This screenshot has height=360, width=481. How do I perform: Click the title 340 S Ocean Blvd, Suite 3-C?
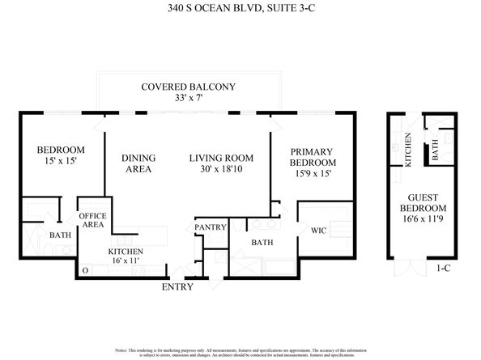pos(240,10)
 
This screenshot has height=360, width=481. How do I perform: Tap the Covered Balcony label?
pos(188,87)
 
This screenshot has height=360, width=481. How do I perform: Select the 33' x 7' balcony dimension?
pos(188,99)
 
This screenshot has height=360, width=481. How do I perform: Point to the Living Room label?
pos(221,158)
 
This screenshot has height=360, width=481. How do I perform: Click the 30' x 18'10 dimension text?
pos(221,170)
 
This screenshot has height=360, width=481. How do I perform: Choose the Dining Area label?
pos(138,163)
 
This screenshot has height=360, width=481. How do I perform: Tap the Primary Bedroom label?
pos(313,157)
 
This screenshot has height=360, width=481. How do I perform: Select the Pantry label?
pos(210,227)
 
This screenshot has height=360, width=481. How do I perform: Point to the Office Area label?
pos(92,220)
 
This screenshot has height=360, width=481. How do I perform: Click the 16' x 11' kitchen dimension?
pos(126,262)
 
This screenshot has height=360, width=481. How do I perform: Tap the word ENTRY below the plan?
pos(177,286)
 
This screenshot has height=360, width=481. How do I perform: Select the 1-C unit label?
pos(443,266)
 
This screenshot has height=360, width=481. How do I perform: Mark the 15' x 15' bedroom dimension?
pos(62,163)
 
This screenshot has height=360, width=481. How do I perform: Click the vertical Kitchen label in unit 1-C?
pos(408,150)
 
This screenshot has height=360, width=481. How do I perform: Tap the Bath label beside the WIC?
pos(262,241)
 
